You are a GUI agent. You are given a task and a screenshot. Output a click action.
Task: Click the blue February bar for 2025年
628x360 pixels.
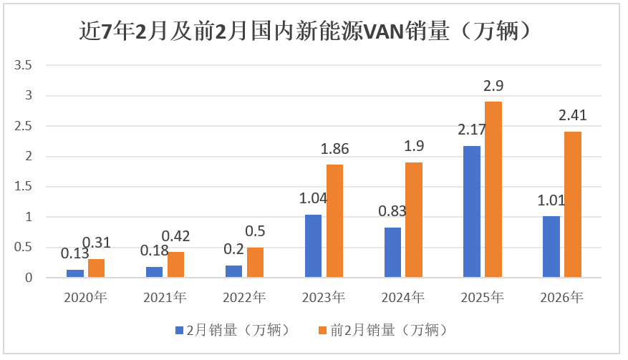click(471, 211)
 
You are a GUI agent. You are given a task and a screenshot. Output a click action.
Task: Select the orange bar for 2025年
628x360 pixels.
click(493, 189)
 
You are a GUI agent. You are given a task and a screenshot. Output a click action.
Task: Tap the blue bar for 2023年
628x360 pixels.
click(313, 245)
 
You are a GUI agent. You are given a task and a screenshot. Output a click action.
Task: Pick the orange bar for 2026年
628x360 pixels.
click(572, 204)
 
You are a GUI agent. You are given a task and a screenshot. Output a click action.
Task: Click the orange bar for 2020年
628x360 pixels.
click(97, 268)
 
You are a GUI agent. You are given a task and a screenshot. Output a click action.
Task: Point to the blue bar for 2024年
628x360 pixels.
click(392, 252)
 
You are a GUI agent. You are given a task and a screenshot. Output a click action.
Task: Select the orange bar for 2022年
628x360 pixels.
click(255, 262)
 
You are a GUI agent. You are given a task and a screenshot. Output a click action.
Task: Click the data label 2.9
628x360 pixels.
click(493, 86)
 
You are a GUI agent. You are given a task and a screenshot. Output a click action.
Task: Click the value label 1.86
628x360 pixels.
click(334, 150)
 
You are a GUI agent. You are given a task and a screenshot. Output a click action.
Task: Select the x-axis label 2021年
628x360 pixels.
click(165, 297)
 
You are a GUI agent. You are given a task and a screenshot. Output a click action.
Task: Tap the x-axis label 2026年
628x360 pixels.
click(561, 297)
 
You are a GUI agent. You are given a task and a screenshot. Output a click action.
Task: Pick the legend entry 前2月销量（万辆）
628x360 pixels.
click(382, 330)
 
